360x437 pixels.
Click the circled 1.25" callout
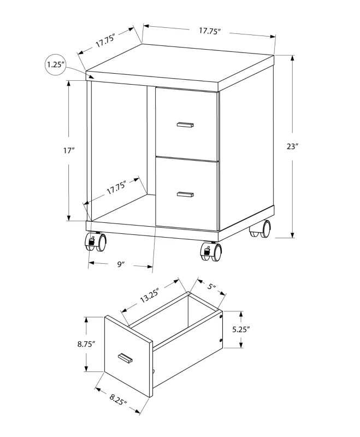(x=56, y=65)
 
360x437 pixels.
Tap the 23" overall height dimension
(x=292, y=146)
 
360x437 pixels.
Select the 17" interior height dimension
(x=68, y=150)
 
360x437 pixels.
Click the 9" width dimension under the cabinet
(x=121, y=264)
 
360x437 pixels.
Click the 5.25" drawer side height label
(x=240, y=329)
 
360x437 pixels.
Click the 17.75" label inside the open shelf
(x=116, y=187)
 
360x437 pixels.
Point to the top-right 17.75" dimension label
(x=210, y=31)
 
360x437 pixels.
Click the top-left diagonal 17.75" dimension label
(x=104, y=40)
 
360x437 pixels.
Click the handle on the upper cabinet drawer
(x=185, y=125)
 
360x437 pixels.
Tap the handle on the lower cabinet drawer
(x=186, y=193)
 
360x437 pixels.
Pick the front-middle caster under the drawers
(x=213, y=251)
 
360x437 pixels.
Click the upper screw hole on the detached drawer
(x=220, y=316)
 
